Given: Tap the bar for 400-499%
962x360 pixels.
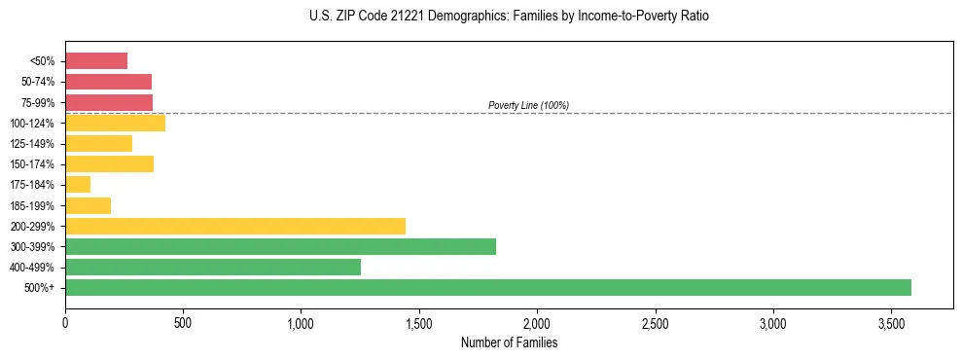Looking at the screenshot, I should point(213,267).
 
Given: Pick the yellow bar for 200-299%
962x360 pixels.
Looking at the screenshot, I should point(235,226).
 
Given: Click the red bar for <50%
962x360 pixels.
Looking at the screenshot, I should point(96,61).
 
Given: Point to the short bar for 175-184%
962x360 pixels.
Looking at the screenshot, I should point(78,184).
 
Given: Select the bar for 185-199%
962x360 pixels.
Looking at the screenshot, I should point(88,205).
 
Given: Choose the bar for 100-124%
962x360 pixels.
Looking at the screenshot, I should point(115,123).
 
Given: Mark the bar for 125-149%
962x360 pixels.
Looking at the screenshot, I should point(98,143).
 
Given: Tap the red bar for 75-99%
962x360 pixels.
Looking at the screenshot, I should point(109,102).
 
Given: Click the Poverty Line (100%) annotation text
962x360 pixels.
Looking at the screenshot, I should point(528,105).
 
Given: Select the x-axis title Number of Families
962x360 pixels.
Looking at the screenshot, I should point(509,342).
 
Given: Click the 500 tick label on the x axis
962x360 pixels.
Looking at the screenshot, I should point(183,322).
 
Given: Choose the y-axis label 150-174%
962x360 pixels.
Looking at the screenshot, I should point(32,164).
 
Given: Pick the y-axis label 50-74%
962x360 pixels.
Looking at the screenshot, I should point(37,82).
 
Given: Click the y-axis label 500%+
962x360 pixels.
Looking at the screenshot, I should point(41,288).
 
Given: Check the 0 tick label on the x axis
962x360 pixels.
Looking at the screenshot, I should point(65,322).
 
